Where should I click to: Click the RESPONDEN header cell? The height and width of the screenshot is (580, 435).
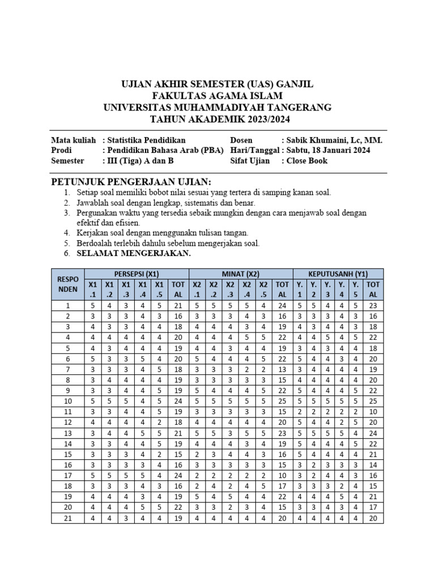[x=67, y=284]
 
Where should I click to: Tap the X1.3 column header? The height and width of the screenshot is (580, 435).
[x=126, y=289]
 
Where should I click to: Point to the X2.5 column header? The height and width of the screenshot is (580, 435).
[x=263, y=289]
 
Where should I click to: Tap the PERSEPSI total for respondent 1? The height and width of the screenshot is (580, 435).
[x=178, y=306]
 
